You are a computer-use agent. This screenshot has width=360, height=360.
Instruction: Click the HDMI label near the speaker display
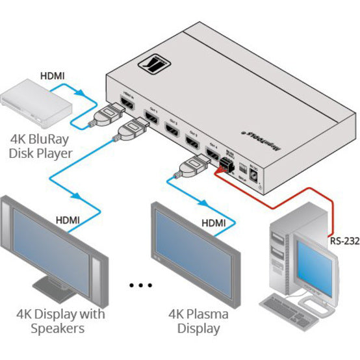70,220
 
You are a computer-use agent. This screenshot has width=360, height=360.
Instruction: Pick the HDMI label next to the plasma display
214,223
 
